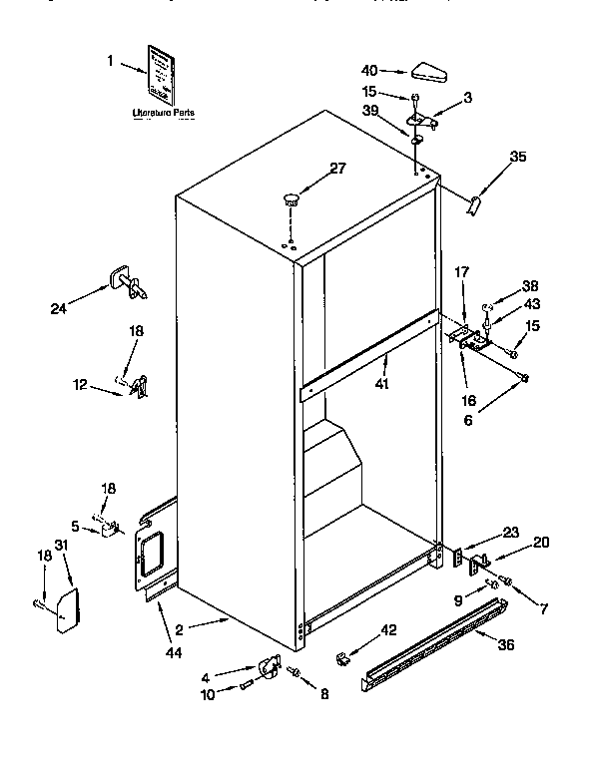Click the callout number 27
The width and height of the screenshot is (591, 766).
pyautogui.click(x=337, y=169)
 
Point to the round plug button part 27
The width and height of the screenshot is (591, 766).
pyautogui.click(x=293, y=200)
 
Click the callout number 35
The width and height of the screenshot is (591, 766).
pyautogui.click(x=516, y=156)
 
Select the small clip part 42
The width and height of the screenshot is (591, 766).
pyautogui.click(x=342, y=658)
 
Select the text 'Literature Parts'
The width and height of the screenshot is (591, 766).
pyautogui.click(x=164, y=113)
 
